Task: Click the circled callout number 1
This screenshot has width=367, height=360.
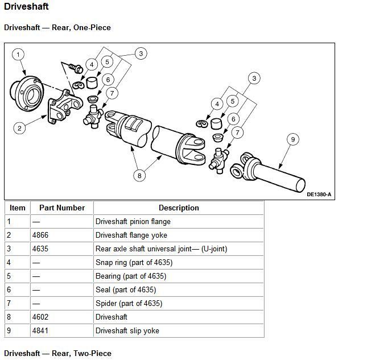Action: point(19,55)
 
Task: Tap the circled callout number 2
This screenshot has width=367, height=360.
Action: point(19,128)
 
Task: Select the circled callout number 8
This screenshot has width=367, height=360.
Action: point(139,176)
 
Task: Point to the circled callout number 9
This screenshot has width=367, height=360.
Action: point(293,139)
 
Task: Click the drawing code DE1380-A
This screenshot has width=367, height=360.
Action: point(319,194)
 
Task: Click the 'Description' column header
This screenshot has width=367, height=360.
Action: point(179,208)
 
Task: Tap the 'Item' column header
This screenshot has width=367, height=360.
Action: point(18,208)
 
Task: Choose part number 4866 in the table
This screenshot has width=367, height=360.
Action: point(43,235)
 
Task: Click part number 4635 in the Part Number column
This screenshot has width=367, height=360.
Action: point(43,249)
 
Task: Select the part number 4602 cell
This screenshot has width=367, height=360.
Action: point(43,317)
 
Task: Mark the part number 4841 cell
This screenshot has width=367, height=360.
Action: point(43,330)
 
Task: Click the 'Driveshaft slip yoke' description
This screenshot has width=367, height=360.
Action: point(127,330)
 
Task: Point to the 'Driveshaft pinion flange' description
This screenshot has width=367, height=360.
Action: point(133,221)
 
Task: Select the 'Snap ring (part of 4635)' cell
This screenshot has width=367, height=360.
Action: point(134,262)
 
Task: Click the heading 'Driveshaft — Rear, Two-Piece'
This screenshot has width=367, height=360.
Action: point(57,353)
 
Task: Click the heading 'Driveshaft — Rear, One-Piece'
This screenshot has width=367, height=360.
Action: point(57,27)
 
